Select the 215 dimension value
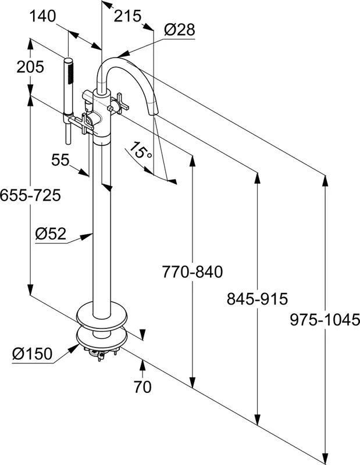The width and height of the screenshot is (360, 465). pyautogui.click(x=127, y=16)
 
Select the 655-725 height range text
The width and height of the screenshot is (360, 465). pyautogui.click(x=30, y=195)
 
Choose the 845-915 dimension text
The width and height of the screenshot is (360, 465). pyautogui.click(x=258, y=299)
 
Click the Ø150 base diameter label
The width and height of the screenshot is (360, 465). pyautogui.click(x=32, y=353)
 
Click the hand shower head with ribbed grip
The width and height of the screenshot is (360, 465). pyautogui.click(x=69, y=78)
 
